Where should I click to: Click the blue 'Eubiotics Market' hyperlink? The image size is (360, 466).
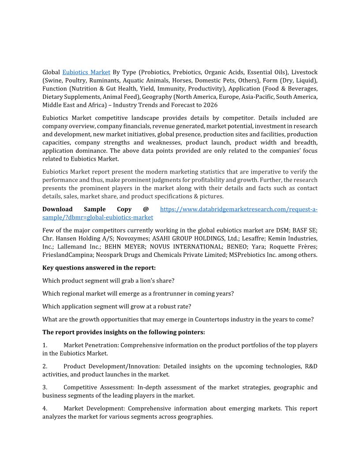click(x=86, y=72)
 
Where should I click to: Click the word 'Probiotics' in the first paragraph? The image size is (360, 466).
click(x=156, y=72)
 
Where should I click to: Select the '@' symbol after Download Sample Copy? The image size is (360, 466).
click(x=146, y=209)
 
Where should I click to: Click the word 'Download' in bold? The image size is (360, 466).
click(x=57, y=209)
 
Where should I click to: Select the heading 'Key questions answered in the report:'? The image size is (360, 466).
click(x=99, y=268)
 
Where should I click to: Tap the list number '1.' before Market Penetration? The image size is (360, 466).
click(x=45, y=345)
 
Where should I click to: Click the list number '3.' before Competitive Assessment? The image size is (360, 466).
click(x=45, y=387)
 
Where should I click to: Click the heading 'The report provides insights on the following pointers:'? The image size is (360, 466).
click(x=124, y=332)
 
